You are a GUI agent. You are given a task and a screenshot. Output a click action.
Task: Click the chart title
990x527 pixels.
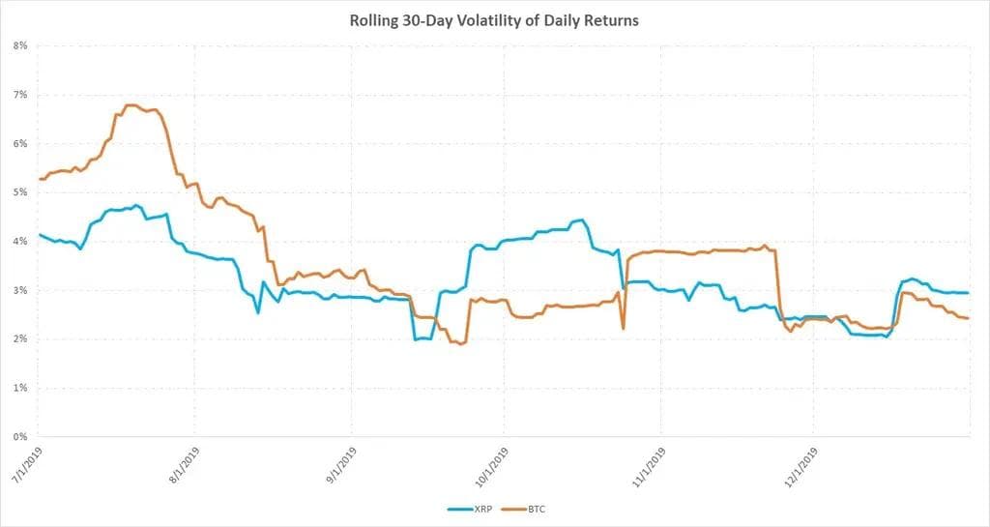494,20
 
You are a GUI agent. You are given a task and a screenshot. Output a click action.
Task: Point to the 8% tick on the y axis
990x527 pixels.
19,45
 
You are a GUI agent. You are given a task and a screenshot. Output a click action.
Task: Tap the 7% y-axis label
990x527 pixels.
19,95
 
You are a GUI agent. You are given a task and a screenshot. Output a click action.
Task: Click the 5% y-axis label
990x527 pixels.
19,192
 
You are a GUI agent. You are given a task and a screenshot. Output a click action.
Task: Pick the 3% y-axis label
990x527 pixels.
19,290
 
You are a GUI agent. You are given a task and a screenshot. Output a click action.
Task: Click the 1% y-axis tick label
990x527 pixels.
19,388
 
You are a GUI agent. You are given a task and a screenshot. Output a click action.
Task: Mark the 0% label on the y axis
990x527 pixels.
19,437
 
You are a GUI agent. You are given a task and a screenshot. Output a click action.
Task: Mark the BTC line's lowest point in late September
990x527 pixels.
460,343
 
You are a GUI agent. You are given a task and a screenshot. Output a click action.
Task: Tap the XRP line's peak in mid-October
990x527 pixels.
580,220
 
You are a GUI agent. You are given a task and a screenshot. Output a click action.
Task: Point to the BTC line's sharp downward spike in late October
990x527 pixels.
624,329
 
